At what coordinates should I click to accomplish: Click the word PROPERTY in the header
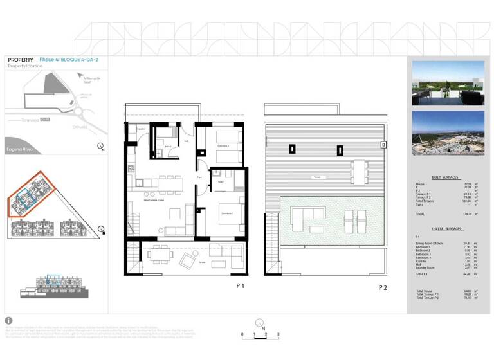pos(21,60)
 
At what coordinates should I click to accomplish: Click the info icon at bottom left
pos(8,320)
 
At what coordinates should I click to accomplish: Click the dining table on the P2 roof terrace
pos(356,170)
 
